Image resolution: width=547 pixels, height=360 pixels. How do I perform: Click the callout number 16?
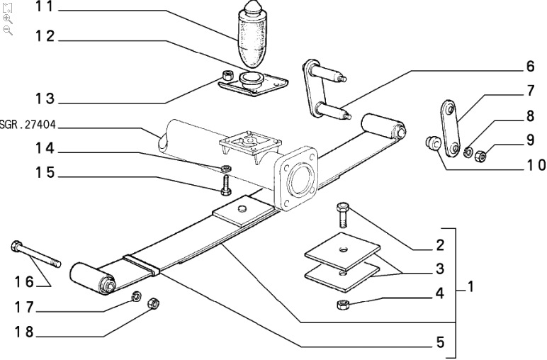[24, 281]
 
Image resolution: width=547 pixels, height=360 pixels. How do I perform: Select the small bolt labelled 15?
[224, 186]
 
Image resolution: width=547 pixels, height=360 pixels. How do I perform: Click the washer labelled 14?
[225, 168]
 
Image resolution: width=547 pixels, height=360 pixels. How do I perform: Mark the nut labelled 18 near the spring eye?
[151, 305]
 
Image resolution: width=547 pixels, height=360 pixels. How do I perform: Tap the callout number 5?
[439, 342]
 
